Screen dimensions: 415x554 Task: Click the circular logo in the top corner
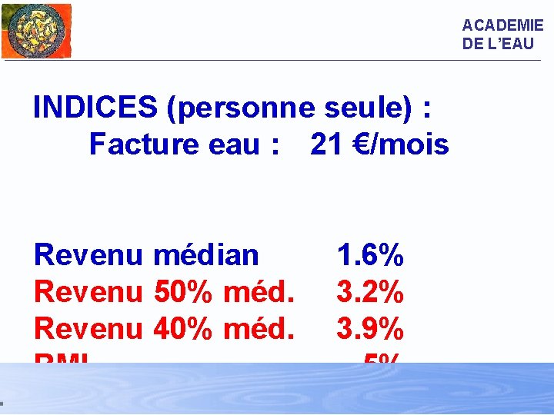point(36,30)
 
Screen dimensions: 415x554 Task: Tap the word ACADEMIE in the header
point(502,25)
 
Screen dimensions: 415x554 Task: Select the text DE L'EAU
point(498,44)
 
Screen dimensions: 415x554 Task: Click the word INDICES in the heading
point(95,108)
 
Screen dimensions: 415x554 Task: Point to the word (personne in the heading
point(241,108)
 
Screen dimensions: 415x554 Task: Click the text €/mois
point(402,144)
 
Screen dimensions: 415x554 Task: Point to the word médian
point(206,254)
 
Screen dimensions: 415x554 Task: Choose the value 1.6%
point(370,254)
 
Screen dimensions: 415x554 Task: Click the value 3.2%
point(370,291)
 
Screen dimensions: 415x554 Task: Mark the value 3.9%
point(370,328)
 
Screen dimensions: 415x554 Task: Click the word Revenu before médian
point(88,254)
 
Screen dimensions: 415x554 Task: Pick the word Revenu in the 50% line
point(88,291)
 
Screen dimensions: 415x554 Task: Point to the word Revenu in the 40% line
point(88,328)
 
